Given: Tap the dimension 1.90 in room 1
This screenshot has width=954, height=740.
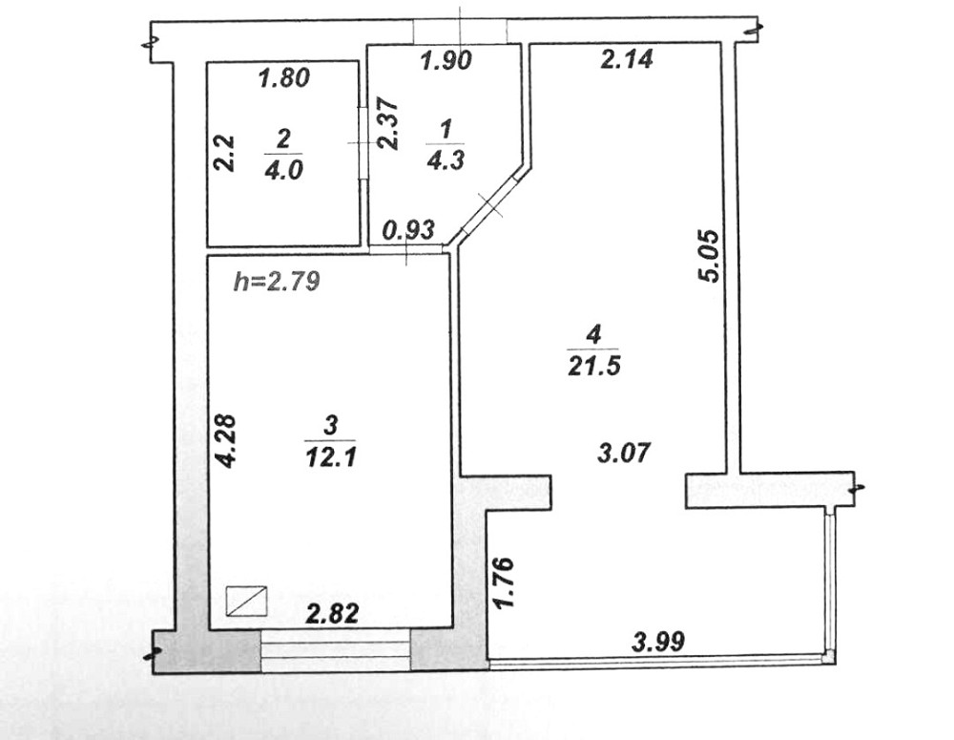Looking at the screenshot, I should (x=446, y=63).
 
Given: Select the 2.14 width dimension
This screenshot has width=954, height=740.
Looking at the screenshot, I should (x=626, y=59).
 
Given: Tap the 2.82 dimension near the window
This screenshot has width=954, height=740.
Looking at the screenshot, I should (x=332, y=614).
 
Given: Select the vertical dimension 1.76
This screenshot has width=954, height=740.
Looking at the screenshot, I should (x=507, y=582).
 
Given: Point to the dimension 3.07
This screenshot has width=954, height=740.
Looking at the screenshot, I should (x=625, y=452).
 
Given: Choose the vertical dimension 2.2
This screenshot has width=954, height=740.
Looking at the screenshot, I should (x=222, y=152).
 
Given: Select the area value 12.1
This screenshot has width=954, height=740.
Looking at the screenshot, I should (x=330, y=456).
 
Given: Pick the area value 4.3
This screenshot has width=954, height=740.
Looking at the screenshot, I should (x=445, y=159).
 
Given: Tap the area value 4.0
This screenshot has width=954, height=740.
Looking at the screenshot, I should (x=283, y=170).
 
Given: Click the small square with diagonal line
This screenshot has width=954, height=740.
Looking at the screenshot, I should (x=247, y=602).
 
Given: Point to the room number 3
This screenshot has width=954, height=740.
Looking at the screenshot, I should (x=330, y=425).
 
